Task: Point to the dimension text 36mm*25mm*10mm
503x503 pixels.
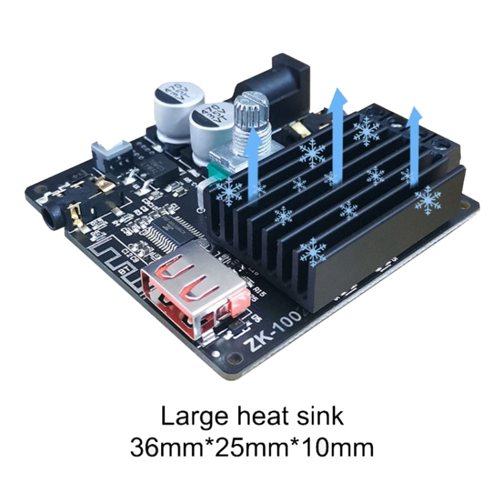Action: coord(251,445)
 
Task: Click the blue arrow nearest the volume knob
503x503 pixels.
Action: coord(254,161)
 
